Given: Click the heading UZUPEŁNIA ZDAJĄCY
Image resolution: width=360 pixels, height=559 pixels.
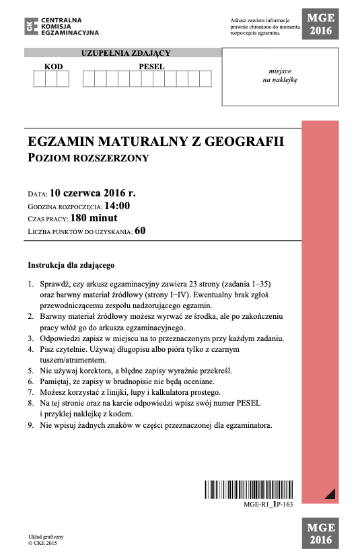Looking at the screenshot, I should [126, 53].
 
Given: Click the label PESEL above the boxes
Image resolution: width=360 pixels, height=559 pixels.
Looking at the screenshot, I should [151, 67].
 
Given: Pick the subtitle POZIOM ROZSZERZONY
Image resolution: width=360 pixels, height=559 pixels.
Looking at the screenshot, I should [87, 159].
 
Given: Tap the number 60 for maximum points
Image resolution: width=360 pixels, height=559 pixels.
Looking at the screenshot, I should [140, 231].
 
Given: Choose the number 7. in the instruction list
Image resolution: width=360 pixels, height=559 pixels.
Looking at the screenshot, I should [31, 392].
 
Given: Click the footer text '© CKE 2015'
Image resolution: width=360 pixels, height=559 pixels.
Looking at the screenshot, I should [43, 542].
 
